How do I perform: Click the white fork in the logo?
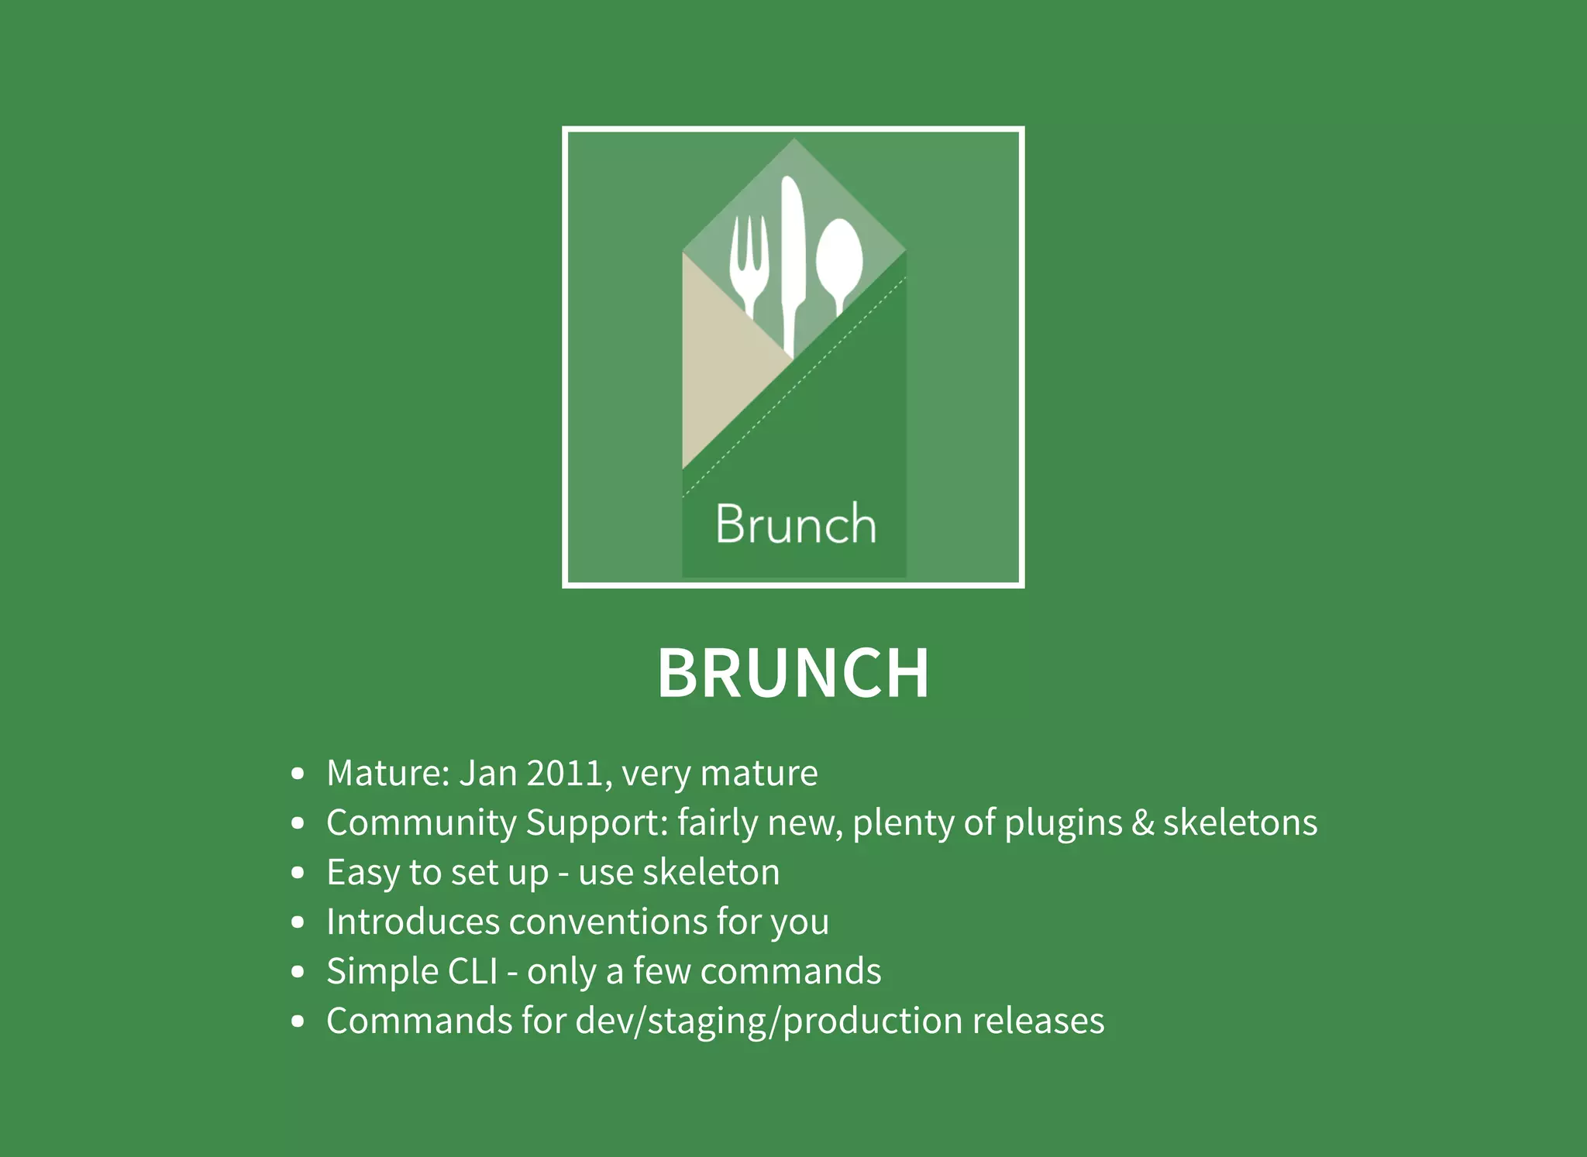point(749,263)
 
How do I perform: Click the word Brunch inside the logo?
point(795,524)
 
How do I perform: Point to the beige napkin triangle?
point(721,364)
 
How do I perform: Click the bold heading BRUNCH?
point(793,673)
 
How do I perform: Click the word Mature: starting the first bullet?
point(388,773)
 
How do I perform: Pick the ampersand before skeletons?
point(1142,822)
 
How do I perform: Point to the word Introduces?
point(413,922)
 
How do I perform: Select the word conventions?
point(608,922)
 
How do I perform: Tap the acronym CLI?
point(473,971)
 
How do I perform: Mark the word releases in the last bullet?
point(1038,1021)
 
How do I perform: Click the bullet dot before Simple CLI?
point(298,972)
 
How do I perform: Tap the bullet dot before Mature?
point(298,774)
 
